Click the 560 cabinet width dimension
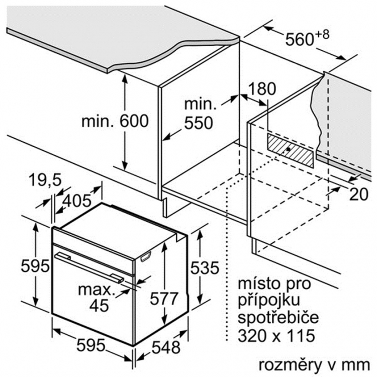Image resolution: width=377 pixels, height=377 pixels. tap(300, 39)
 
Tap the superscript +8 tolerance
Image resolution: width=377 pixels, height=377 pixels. tap(322, 34)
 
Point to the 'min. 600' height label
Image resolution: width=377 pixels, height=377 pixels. tap(115, 121)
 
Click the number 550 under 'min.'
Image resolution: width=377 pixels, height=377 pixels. tap(199, 123)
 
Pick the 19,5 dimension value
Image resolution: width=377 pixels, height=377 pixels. tap(45, 180)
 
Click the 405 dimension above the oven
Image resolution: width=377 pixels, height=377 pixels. tap(77, 201)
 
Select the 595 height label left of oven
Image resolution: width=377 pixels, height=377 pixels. tap(35, 266)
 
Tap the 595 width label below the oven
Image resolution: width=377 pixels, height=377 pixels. tap(91, 345)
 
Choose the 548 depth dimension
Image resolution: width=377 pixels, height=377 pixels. tap(166, 347)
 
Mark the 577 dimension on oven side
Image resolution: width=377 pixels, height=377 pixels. tap(164, 299)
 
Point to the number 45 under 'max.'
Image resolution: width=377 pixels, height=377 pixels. tap(100, 305)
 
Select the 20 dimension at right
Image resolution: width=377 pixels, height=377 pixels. tap(359, 194)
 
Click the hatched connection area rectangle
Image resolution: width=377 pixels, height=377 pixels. tap(291, 150)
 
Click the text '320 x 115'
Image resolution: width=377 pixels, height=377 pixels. tap(276, 335)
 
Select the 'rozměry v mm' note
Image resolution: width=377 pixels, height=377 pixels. tap(314, 365)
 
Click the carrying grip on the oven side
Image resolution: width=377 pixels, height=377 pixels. tap(146, 256)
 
